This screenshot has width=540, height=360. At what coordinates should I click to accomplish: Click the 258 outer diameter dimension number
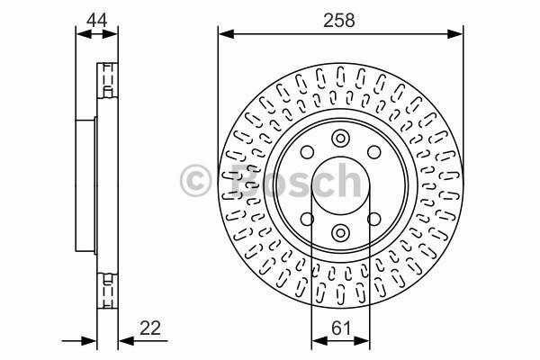[x=339, y=18]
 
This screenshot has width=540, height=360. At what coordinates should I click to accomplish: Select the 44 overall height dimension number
[x=97, y=18]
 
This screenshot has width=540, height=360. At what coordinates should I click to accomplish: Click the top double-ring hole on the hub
[x=339, y=139]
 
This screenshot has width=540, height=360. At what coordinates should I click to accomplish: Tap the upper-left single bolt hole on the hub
[x=306, y=153]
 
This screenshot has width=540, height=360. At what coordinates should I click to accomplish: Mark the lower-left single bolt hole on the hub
[x=306, y=220]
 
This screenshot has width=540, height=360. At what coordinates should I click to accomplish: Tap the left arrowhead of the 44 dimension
[x=81, y=34]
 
